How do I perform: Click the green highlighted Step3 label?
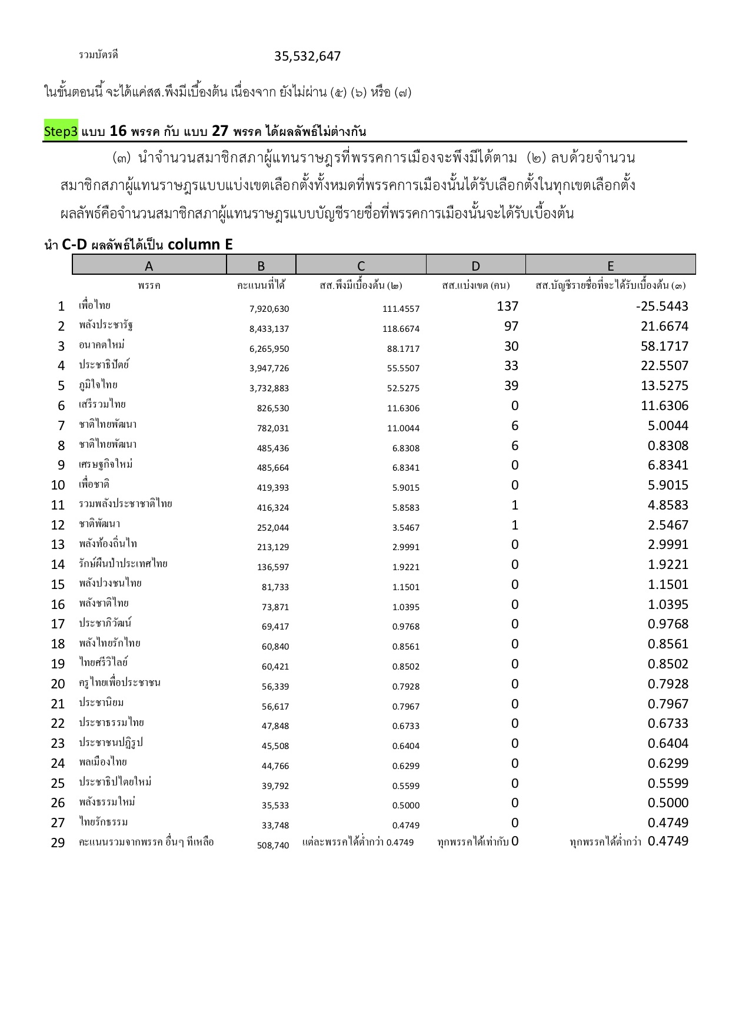[61, 131]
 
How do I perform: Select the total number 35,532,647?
[307, 56]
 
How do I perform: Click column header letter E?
[610, 265]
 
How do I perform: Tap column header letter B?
[261, 265]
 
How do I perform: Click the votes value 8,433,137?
[269, 329]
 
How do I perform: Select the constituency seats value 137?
[507, 307]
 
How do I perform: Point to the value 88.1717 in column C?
[403, 349]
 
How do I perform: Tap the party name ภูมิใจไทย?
[98, 385]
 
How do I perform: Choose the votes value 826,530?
[273, 408]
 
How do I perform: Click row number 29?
[58, 843]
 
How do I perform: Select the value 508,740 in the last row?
[273, 845]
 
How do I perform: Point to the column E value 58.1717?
[664, 346]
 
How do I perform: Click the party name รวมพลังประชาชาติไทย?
[125, 504]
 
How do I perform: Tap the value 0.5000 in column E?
[668, 803]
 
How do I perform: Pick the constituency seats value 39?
[511, 386]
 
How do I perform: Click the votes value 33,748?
[275, 825]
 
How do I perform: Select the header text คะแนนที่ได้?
[261, 286]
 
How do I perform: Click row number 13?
[58, 545]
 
